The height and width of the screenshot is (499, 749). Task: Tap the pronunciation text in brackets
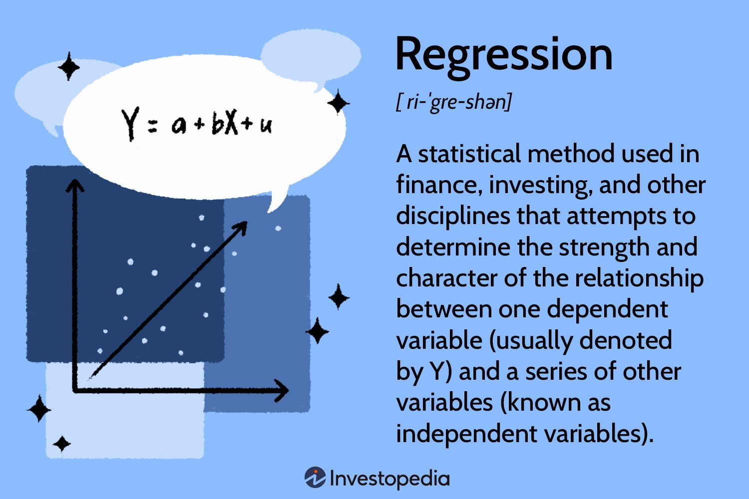pos(453,102)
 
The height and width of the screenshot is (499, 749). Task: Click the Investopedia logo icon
pos(315,478)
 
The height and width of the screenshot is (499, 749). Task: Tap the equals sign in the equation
pos(153,126)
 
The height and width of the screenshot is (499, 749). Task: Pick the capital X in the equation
pos(231,122)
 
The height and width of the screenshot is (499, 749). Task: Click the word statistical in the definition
pos(469,154)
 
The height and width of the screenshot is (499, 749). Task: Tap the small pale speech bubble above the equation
pos(311,55)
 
